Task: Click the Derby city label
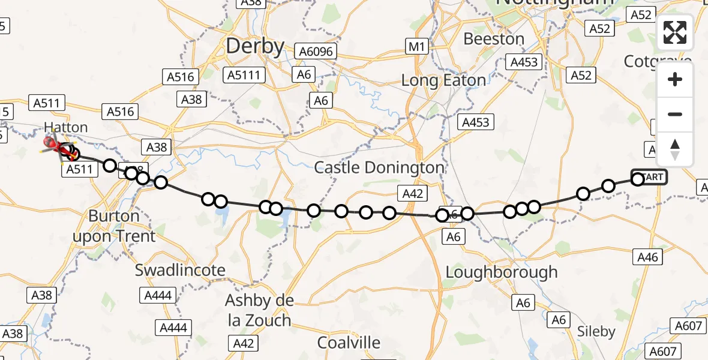tap(255, 46)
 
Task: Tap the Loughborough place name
tap(502, 272)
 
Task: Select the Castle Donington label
tap(380, 167)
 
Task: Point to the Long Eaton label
tap(443, 80)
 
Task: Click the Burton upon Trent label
tap(114, 226)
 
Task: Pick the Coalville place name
tap(349, 343)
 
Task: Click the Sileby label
tap(596, 331)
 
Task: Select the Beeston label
tap(494, 39)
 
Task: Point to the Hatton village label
tap(66, 127)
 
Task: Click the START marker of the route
tap(649, 177)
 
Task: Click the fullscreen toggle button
tap(675, 32)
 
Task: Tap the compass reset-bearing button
tap(675, 149)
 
